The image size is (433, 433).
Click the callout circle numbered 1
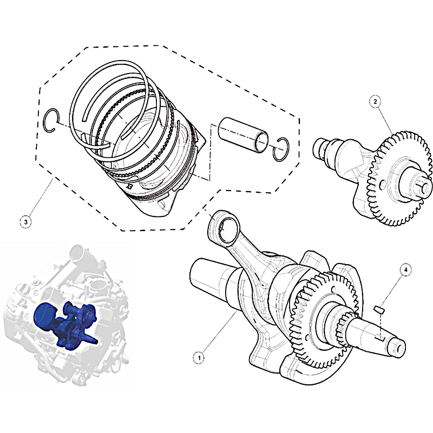(199, 358)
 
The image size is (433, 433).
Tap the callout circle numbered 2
(375, 102)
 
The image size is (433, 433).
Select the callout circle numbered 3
(26, 222)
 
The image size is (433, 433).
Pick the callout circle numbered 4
(405, 270)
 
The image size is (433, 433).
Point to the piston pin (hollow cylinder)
(242, 134)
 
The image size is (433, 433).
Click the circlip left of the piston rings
(51, 121)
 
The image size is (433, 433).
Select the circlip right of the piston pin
(281, 149)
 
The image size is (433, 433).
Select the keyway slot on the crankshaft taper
(380, 337)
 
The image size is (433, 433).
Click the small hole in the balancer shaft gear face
(382, 185)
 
